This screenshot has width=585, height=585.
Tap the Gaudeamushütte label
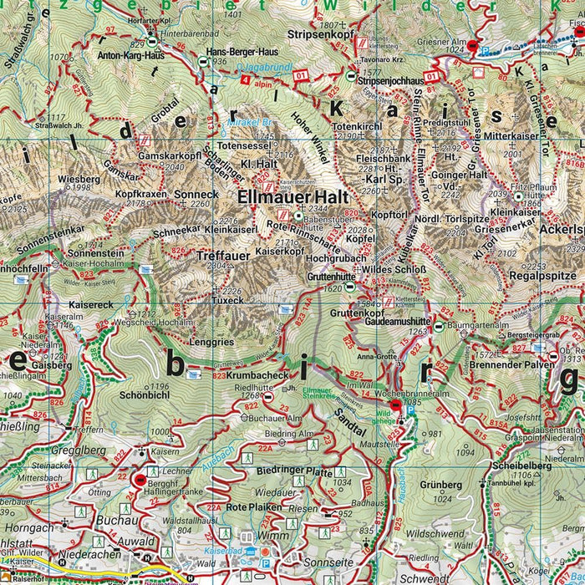[398, 320]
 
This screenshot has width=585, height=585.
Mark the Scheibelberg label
[522, 466]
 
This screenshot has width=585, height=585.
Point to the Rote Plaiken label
[248, 507]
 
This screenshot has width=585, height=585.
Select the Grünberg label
[440, 485]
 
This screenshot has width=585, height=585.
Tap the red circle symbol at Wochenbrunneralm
[395, 403]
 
